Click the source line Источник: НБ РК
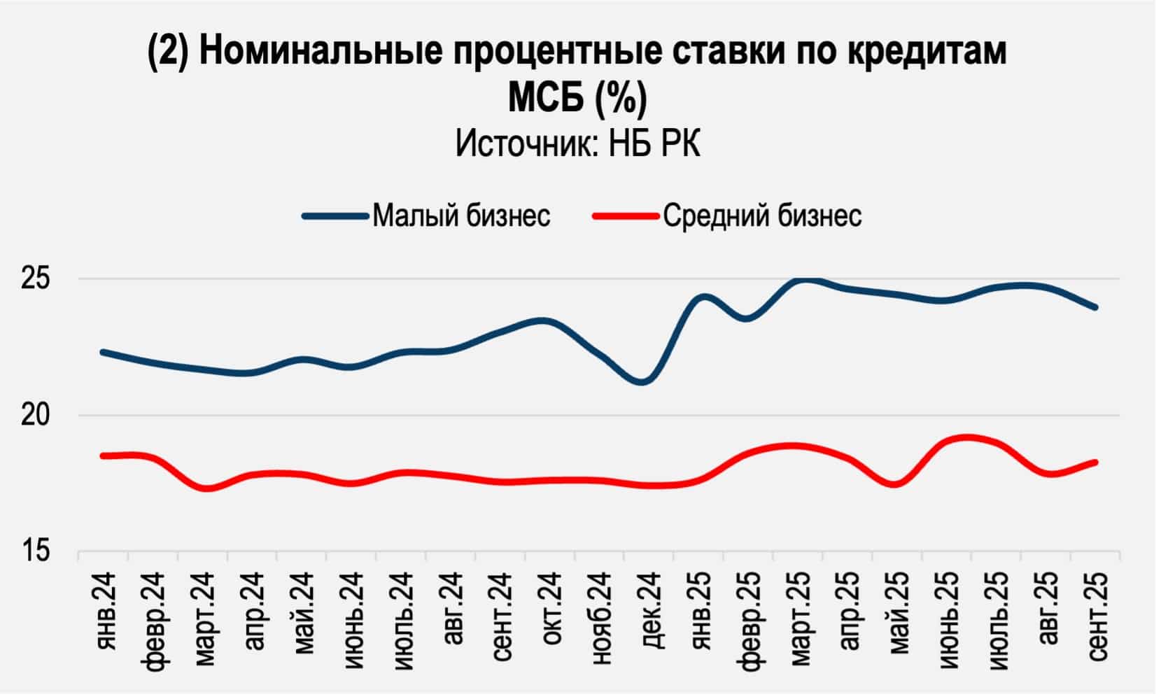tap(578, 144)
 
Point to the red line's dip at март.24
tap(208, 488)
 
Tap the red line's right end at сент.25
tap(1095, 462)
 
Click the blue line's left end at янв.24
tap(103, 352)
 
